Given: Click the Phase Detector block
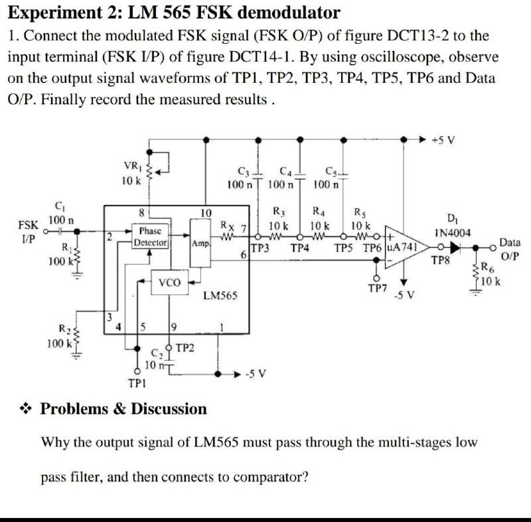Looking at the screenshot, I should pos(153,237).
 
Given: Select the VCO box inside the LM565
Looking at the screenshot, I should pos(170,283).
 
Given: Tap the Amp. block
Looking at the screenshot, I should pos(200,243).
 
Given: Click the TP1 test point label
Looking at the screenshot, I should pos(138,383).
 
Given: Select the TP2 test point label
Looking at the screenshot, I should pos(185,348).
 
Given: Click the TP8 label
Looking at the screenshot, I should pos(439,262).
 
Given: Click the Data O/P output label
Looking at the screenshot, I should pos(509,250).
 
